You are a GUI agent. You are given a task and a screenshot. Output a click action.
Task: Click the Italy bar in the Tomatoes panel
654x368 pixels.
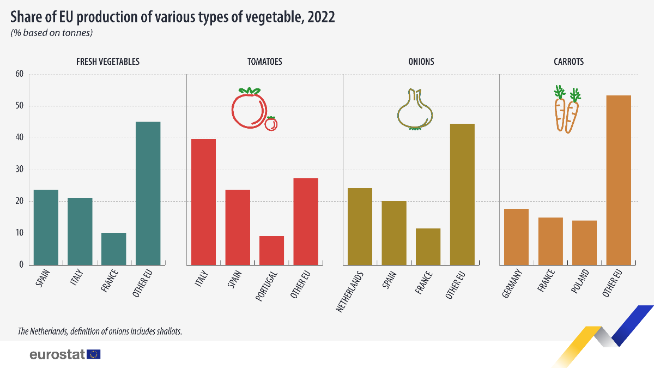click(x=204, y=202)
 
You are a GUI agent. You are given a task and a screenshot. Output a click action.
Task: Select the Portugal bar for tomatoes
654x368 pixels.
click(x=271, y=250)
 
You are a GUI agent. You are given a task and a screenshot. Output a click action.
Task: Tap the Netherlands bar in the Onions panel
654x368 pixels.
click(x=360, y=226)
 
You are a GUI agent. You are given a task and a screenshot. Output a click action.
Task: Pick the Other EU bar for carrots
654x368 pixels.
click(x=619, y=180)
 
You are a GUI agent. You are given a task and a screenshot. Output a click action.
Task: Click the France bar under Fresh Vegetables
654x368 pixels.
click(x=113, y=249)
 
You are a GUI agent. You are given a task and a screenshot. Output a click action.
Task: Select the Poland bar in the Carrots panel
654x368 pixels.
click(x=584, y=243)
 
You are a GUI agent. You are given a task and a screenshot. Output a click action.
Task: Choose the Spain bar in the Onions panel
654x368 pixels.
click(x=394, y=233)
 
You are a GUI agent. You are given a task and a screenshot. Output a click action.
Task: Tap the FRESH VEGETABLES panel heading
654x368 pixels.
click(x=108, y=62)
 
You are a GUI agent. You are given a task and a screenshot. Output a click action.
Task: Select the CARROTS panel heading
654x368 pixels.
click(x=568, y=62)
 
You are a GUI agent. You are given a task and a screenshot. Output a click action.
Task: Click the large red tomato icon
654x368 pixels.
click(x=249, y=110)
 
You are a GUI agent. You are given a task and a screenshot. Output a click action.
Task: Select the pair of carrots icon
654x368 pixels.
click(x=567, y=110)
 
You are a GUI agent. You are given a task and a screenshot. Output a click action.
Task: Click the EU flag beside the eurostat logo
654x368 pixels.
click(x=94, y=354)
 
